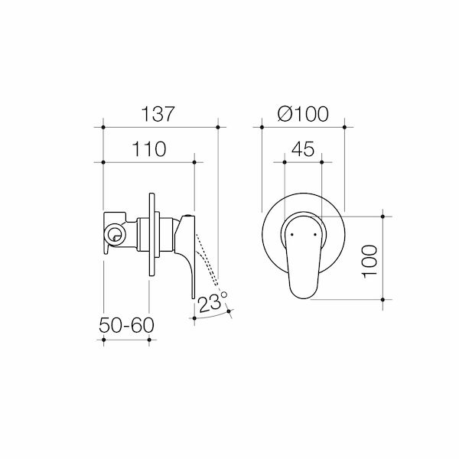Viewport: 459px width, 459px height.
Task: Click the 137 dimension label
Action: point(159,112)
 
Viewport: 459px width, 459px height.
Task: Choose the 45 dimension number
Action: point(303,149)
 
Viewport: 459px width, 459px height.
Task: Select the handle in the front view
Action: point(304,256)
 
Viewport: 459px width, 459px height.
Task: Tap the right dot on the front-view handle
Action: point(315,229)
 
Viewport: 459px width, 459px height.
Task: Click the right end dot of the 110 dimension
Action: point(194,162)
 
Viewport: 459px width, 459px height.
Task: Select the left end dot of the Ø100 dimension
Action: point(262,125)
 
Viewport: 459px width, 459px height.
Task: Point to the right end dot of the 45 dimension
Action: point(322,162)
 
